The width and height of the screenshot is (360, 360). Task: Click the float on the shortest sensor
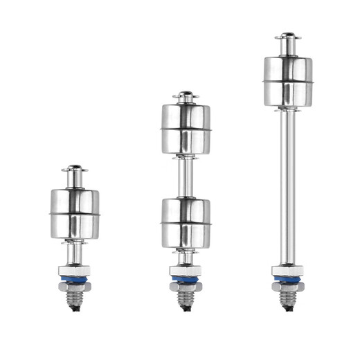click(x=75, y=214)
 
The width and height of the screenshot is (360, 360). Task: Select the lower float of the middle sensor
click(x=186, y=222)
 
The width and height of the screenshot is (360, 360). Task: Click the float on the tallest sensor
click(x=287, y=82)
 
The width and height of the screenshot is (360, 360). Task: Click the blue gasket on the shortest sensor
click(x=75, y=280)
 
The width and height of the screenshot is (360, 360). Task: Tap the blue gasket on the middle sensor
click(x=186, y=280)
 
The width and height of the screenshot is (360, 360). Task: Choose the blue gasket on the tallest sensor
click(x=287, y=280)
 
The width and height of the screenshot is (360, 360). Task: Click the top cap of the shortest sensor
click(x=75, y=168)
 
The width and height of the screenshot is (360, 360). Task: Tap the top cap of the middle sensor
click(x=186, y=94)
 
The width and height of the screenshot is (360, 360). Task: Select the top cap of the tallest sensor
click(x=287, y=36)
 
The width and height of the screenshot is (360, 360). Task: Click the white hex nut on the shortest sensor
click(x=75, y=269)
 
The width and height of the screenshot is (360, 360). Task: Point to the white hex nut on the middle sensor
click(x=186, y=270)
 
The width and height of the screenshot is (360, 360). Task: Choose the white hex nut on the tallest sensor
click(x=287, y=270)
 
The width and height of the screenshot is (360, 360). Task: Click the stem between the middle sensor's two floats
click(x=186, y=176)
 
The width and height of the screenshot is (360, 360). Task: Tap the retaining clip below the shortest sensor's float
click(x=75, y=242)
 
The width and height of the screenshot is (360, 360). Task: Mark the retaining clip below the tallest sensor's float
click(x=287, y=109)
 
